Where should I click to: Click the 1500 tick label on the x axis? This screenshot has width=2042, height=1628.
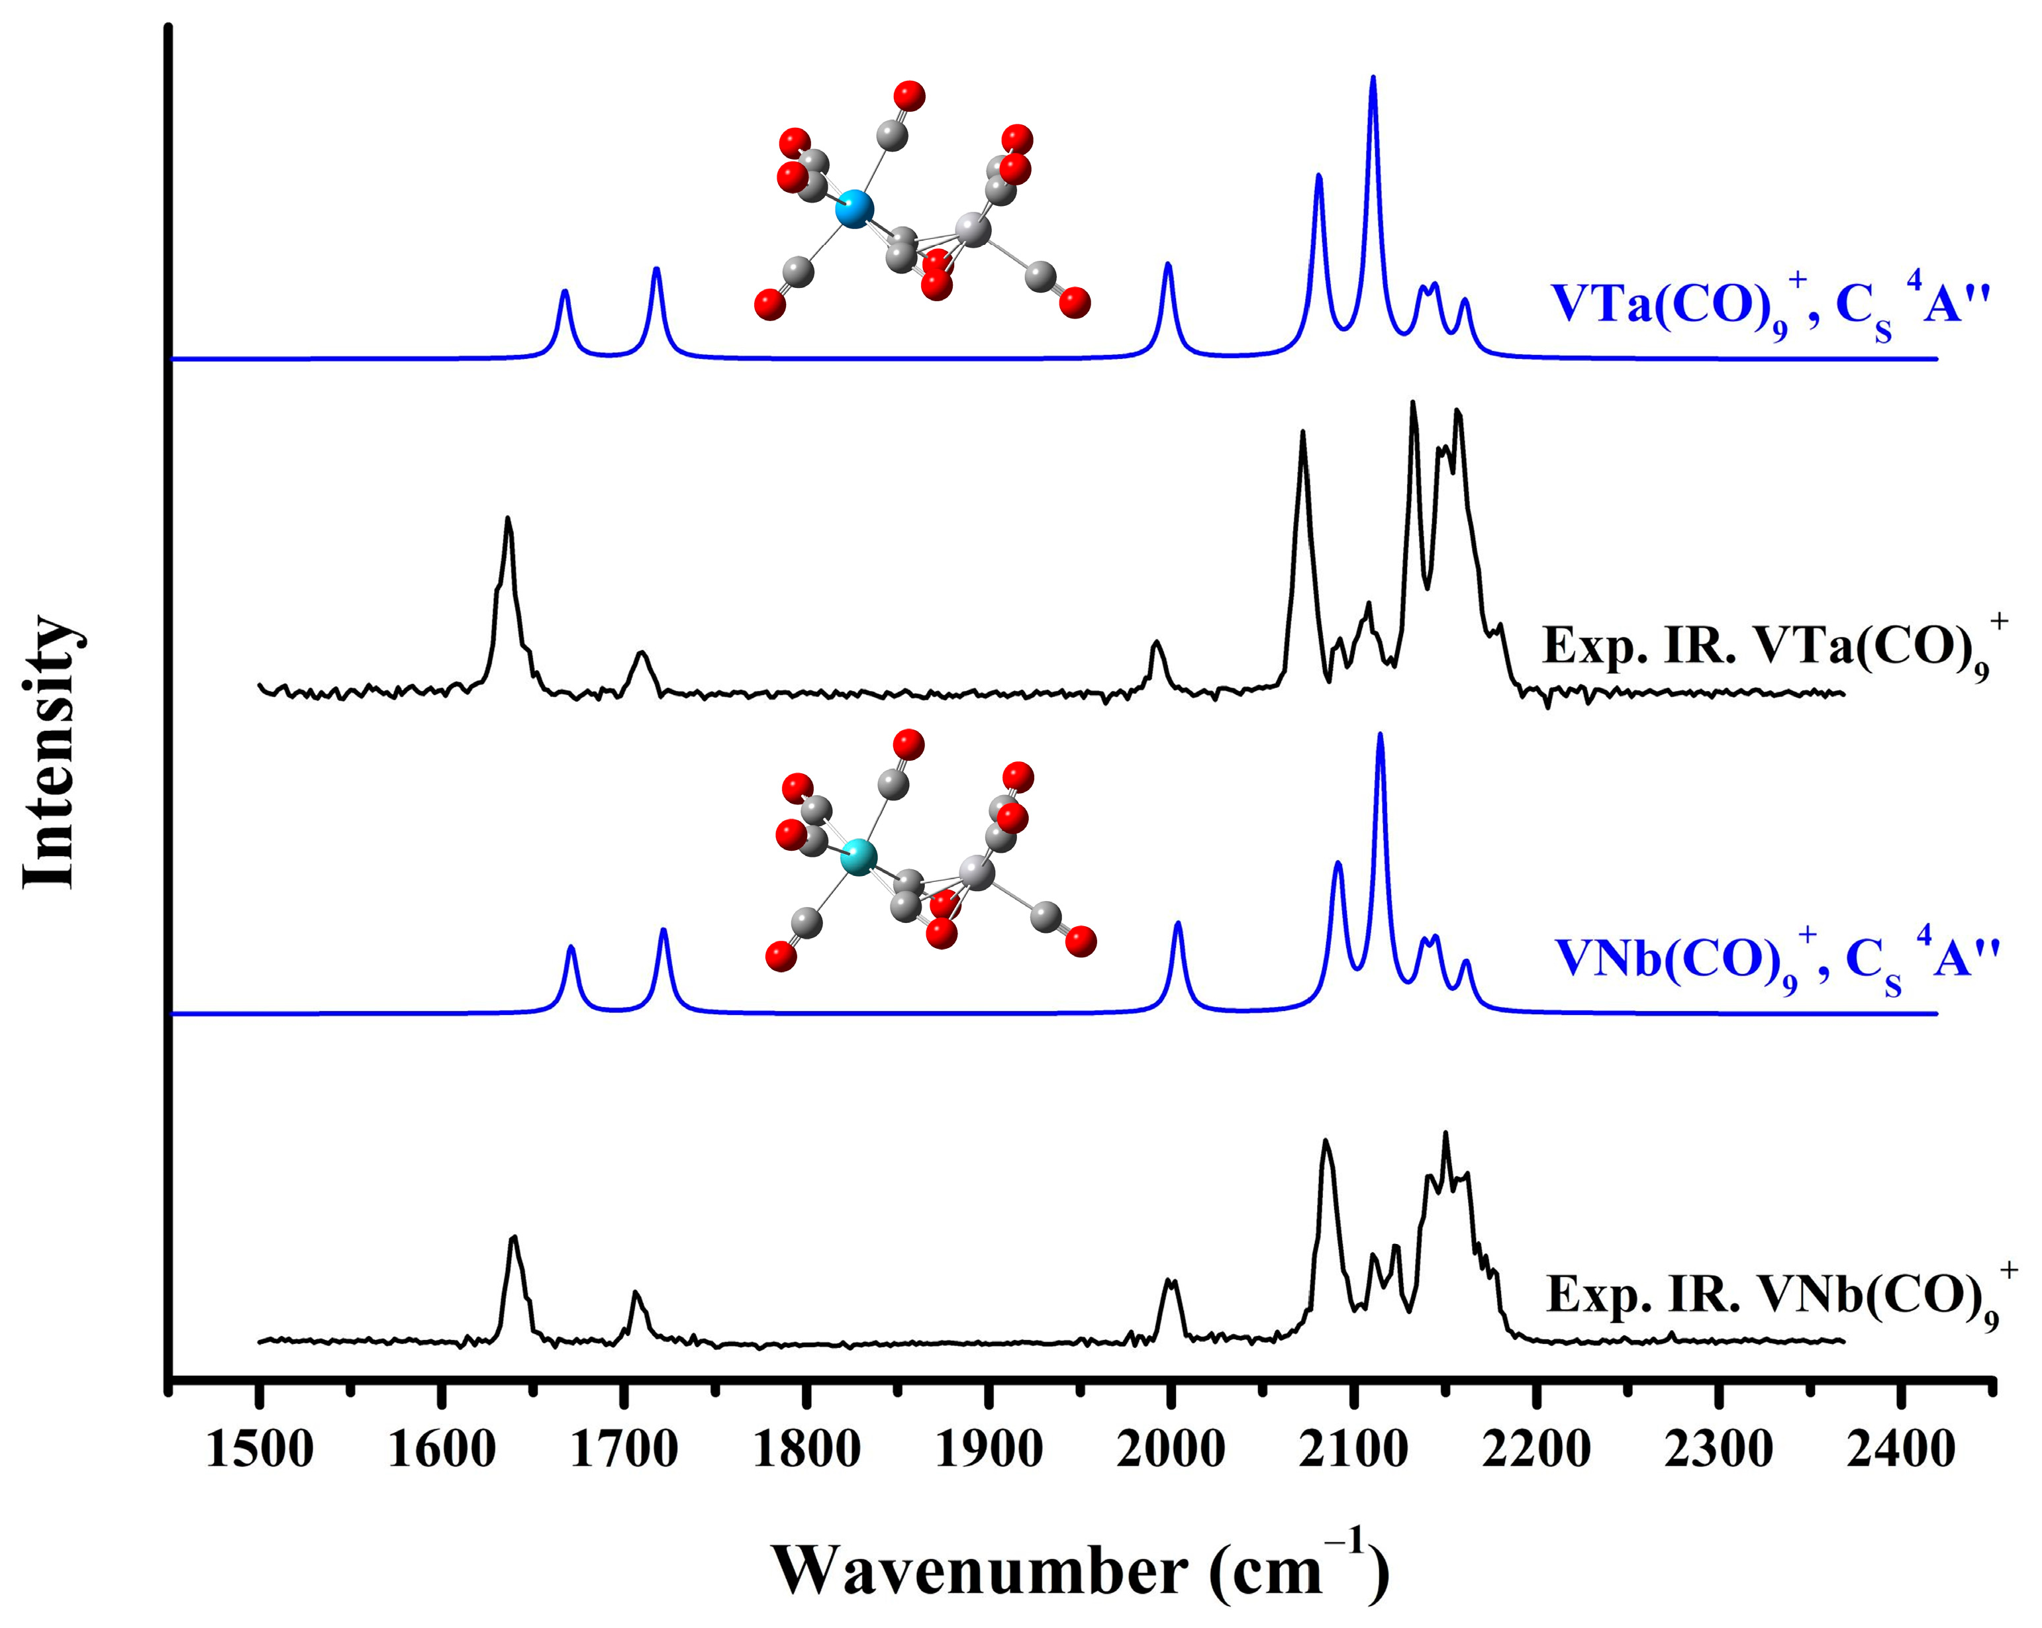tap(259, 1450)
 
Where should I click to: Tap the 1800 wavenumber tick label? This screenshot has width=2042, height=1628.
tap(806, 1450)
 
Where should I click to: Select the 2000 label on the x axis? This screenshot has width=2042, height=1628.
tap(1171, 1450)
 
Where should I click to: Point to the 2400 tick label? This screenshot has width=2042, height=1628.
tap(1901, 1450)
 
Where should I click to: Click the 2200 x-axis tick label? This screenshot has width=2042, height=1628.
tap(1536, 1450)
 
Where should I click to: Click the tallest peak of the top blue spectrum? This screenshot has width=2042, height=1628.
tap(1373, 79)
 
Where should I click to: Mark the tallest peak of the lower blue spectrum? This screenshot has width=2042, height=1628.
tap(1380, 736)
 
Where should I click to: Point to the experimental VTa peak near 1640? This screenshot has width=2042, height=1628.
tap(509, 520)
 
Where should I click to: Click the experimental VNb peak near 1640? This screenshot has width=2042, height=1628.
tap(513, 1239)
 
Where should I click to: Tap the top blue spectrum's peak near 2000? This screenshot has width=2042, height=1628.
tap(1168, 265)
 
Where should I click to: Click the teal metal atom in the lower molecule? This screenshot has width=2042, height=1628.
tap(859, 855)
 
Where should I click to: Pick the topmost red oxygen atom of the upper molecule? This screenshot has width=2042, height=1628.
tap(909, 95)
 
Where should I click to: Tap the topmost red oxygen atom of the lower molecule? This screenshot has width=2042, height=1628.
tap(908, 744)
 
